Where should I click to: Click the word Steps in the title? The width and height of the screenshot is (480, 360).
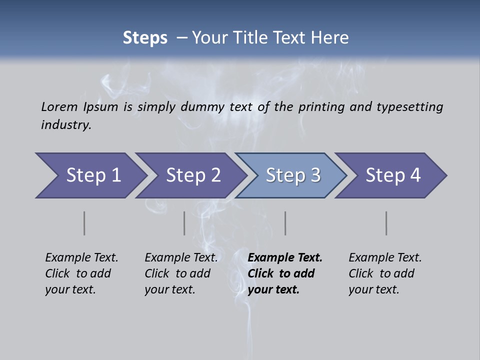point(145,37)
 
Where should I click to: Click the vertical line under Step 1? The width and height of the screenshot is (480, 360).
point(84,223)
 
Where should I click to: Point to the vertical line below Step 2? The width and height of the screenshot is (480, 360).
point(184,223)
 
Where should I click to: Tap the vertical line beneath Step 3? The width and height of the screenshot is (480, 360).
point(285,223)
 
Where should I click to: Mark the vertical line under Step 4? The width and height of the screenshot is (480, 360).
point(386,223)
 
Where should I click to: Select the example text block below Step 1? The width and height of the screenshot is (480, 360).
point(81,273)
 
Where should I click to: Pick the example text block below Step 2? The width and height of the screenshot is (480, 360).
point(181,273)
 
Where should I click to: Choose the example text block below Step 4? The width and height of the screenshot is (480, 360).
point(385,273)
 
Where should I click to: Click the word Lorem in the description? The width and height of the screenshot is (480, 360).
point(59,106)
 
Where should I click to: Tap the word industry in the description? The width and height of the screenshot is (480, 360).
point(66,125)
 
